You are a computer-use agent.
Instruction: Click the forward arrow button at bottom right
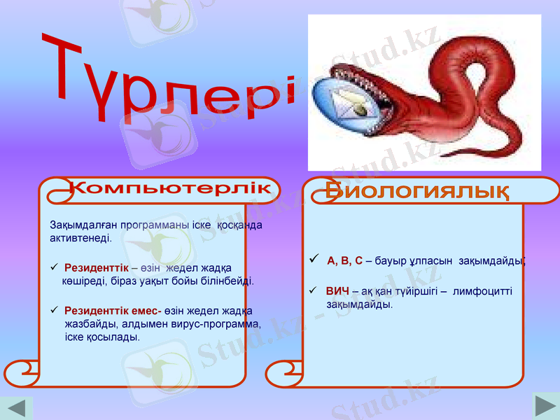[545, 407]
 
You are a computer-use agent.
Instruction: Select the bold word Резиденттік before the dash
[96, 268]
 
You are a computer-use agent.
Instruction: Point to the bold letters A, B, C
[344, 261]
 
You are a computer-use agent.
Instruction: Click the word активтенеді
[80, 238]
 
